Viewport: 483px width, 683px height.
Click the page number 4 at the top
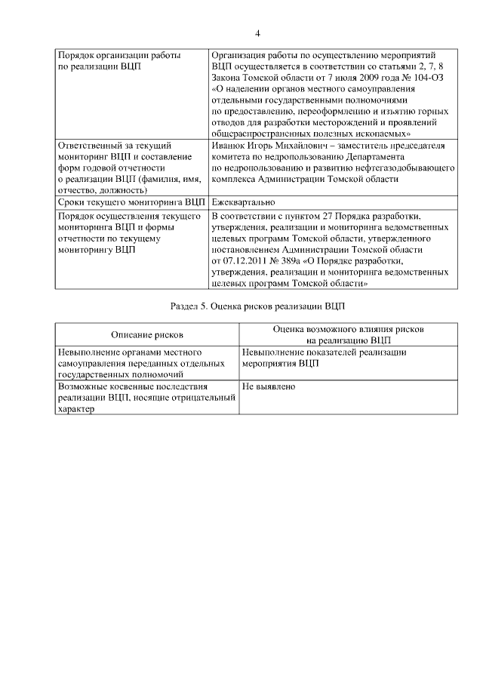point(257,33)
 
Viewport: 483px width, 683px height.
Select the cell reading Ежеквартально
point(243,202)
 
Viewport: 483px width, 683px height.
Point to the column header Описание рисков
point(147,334)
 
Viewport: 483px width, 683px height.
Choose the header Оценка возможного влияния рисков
point(348,330)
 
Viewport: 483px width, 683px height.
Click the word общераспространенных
point(264,134)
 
